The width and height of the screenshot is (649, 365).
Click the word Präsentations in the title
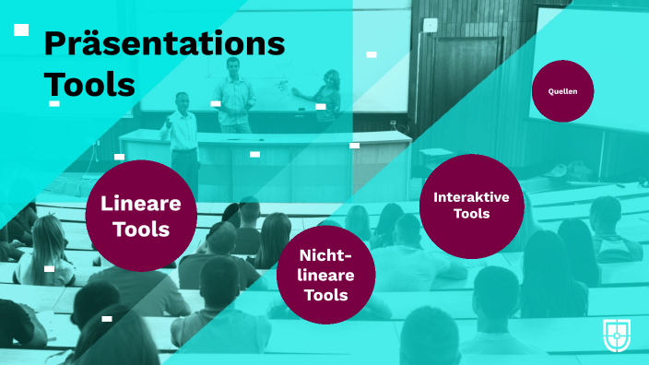(x=164, y=43)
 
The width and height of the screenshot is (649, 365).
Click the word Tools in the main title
(x=89, y=84)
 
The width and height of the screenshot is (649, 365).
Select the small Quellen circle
(x=562, y=90)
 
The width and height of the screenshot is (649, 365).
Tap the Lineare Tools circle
(x=140, y=216)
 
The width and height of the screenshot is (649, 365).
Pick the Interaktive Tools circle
(x=471, y=206)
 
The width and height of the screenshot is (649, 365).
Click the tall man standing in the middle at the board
(x=235, y=92)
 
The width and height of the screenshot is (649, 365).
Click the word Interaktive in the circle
(x=471, y=196)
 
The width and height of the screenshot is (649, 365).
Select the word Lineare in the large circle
(x=140, y=204)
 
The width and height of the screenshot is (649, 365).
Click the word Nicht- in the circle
(x=325, y=255)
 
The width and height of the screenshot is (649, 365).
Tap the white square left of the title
(x=20, y=30)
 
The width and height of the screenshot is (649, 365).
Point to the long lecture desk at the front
(x=267, y=152)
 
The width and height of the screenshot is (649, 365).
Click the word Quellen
(x=562, y=91)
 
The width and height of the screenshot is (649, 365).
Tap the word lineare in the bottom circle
(x=325, y=276)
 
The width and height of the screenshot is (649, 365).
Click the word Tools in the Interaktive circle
(x=471, y=214)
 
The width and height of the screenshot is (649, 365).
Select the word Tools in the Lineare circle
(x=140, y=229)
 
